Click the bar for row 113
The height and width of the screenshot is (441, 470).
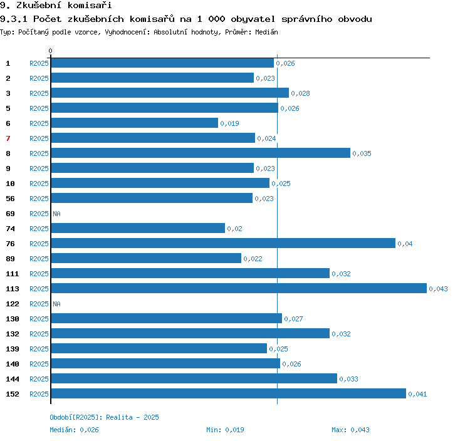click(239, 288)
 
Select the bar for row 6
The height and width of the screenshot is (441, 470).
click(135, 123)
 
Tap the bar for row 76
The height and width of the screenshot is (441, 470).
click(223, 243)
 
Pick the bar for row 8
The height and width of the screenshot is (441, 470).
click(201, 153)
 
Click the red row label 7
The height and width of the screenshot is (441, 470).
click(8, 138)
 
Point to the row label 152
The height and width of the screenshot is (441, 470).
click(13, 394)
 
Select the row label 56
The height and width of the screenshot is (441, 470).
click(10, 199)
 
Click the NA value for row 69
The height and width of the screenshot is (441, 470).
click(56, 214)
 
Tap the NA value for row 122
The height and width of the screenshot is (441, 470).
click(56, 304)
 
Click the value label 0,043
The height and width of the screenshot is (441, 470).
click(438, 289)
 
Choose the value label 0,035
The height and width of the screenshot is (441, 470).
click(362, 153)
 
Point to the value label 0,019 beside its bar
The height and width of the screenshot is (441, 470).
click(229, 123)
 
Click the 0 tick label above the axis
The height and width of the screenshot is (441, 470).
click(50, 51)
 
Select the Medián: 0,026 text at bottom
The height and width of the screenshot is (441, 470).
click(74, 430)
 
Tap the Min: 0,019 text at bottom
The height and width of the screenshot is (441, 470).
click(225, 430)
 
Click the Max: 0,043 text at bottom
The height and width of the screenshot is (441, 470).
click(350, 430)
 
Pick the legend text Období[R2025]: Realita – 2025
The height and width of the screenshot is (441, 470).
click(104, 417)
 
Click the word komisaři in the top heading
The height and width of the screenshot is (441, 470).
click(90, 5)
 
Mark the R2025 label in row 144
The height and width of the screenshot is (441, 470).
click(39, 379)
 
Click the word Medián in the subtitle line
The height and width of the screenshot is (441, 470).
click(266, 32)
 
